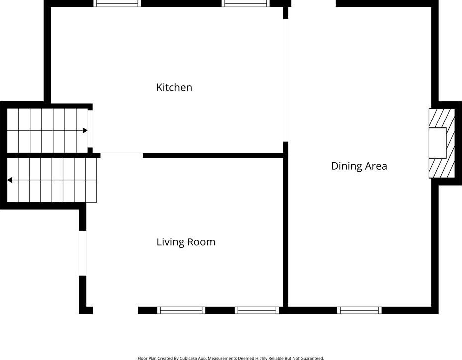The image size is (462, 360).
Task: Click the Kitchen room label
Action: click(174, 88)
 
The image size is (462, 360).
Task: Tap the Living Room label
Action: click(186, 242)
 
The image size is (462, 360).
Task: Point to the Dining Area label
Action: click(359, 166)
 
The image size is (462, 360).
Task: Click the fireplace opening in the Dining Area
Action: click(437, 143)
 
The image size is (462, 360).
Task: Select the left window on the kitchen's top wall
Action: click(117, 3)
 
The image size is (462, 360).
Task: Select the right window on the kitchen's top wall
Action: click(245, 3)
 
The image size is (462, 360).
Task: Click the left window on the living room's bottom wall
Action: click(181, 310)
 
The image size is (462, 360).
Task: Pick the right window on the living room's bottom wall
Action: click(257, 310)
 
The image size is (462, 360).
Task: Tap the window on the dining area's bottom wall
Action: click(359, 310)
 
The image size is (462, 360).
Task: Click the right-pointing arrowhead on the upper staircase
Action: click(85, 130)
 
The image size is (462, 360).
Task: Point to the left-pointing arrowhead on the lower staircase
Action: click(10, 180)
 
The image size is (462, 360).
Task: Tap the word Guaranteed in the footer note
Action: click(312, 358)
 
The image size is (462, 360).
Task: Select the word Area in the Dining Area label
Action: click(376, 166)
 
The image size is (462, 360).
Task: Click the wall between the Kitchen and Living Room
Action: click(213, 155)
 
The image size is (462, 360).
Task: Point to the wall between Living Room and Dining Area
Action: click(285, 224)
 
